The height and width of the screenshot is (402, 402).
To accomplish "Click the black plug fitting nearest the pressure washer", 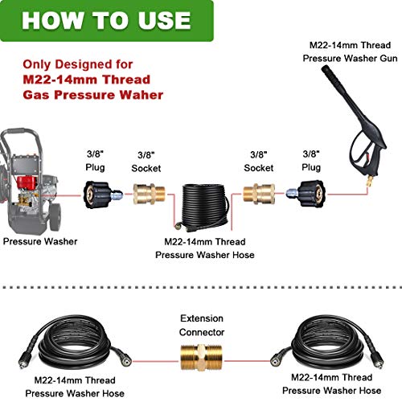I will click(x=103, y=191).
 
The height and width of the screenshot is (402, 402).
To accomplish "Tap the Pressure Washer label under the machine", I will click(x=40, y=240).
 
